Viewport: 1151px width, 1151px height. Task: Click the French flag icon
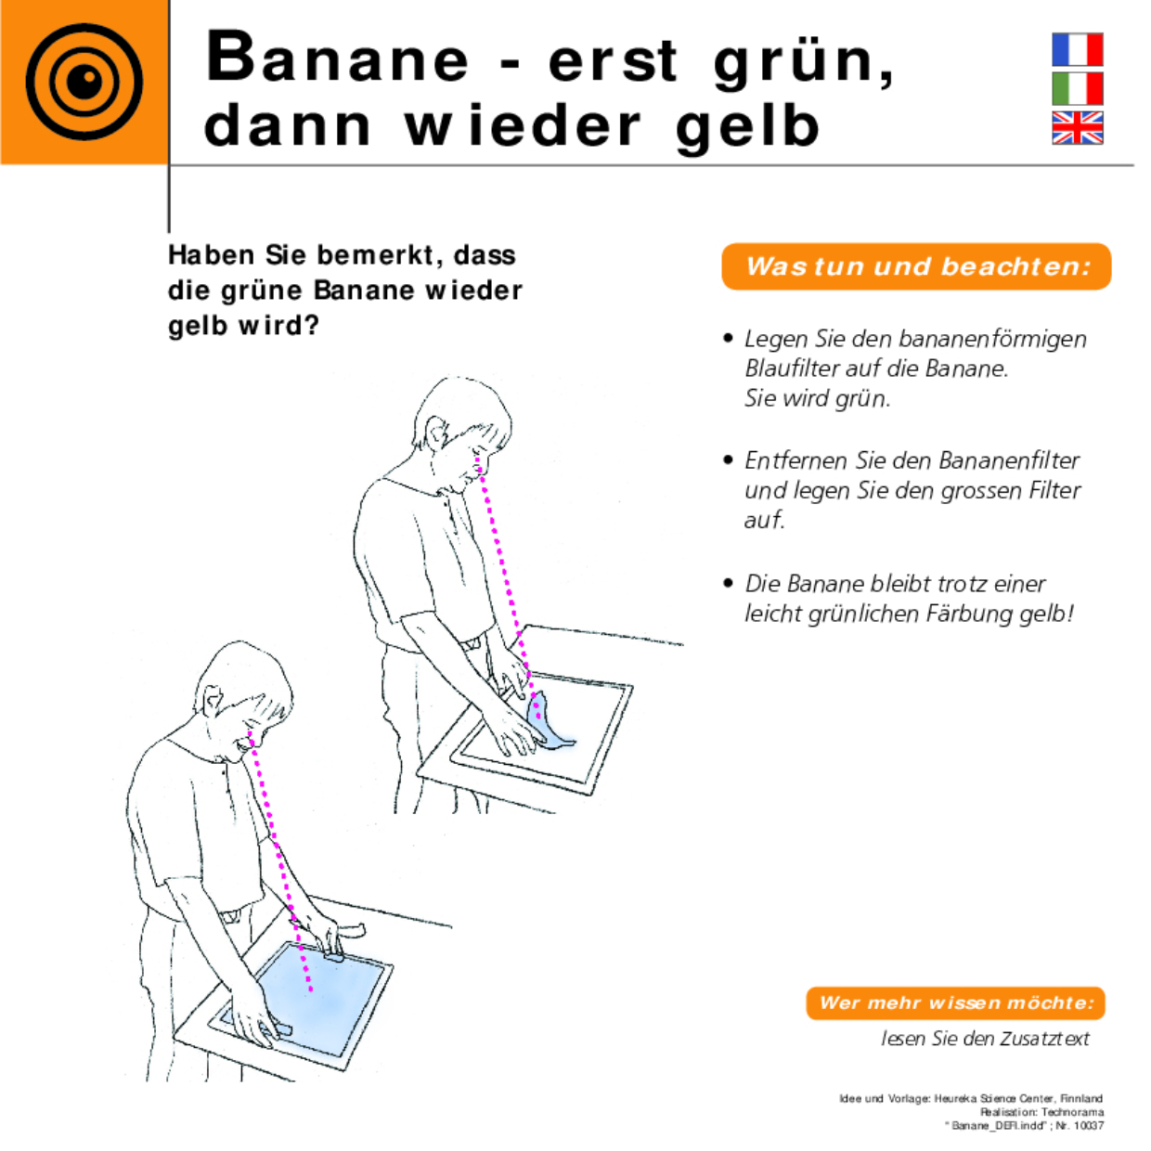pyautogui.click(x=1077, y=49)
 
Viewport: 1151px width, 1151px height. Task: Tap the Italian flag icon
pyautogui.click(x=1077, y=88)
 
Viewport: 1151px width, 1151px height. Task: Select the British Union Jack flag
pyautogui.click(x=1077, y=128)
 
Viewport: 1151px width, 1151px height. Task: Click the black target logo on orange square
pyautogui.click(x=84, y=83)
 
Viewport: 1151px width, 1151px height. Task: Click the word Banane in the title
pyautogui.click(x=338, y=58)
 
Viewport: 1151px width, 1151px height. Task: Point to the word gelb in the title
pyautogui.click(x=748, y=126)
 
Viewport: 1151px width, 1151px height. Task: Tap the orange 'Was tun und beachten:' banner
pyautogui.click(x=916, y=266)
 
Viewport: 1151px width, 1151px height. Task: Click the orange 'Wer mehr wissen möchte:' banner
pyautogui.click(x=955, y=1002)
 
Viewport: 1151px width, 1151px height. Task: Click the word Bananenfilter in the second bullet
pyautogui.click(x=1009, y=460)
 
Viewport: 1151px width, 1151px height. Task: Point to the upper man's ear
pyautogui.click(x=435, y=429)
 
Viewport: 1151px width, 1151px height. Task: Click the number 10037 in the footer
pyautogui.click(x=1089, y=1126)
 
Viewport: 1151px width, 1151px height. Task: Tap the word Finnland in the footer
pyautogui.click(x=1081, y=1099)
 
